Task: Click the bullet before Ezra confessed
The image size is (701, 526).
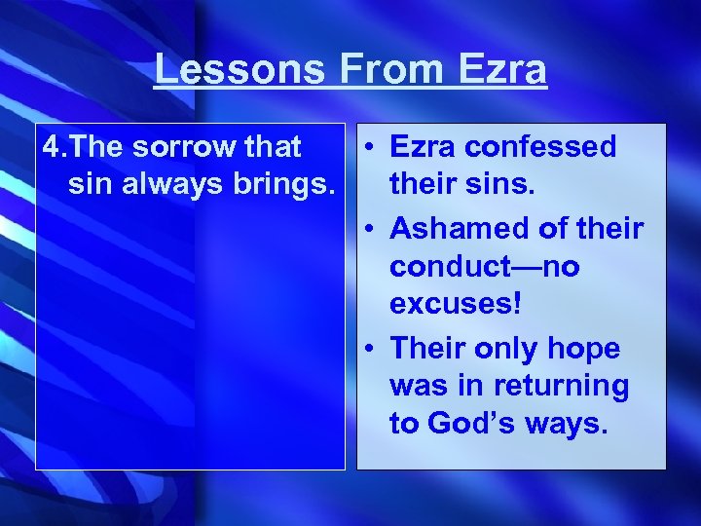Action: point(372,148)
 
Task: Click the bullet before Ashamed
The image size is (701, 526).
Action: point(372,230)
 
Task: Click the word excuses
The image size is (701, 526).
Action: point(456,303)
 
